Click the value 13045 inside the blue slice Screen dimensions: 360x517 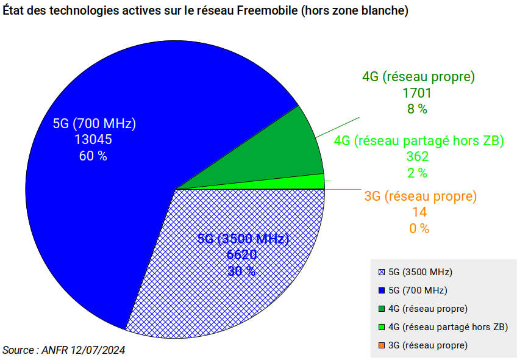tap(93, 140)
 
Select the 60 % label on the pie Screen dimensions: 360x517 tap(93, 156)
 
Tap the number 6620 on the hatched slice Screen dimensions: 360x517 tap(241, 254)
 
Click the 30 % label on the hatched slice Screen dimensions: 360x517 tap(241, 270)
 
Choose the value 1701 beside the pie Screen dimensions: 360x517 tap(417, 93)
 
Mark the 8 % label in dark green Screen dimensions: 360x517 tap(417, 109)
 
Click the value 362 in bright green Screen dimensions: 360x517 tap(418, 157)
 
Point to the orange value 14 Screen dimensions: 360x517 tap(419, 212)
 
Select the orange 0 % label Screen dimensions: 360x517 tap(419, 229)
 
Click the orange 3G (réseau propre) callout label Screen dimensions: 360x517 tap(420, 196)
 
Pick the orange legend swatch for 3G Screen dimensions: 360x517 tap(382, 345)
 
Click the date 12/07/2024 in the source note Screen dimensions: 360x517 tap(98, 350)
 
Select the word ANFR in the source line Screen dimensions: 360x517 tap(54, 350)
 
